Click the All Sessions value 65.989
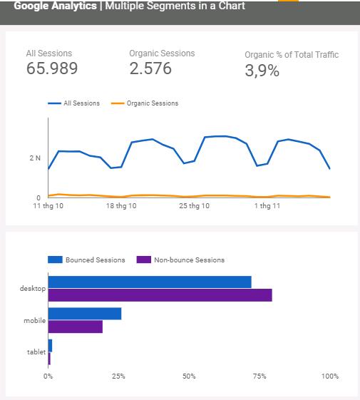(x=52, y=68)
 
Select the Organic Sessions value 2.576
(x=151, y=68)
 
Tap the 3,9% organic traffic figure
(x=262, y=71)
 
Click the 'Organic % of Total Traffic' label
(x=292, y=55)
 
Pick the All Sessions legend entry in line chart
(x=75, y=103)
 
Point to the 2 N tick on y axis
(x=35, y=158)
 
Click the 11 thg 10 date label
(x=48, y=206)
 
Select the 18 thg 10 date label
(x=120, y=206)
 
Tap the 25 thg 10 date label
(x=195, y=206)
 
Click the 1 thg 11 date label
(x=267, y=206)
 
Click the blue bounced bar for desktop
(x=150, y=282)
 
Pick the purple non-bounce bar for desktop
(x=160, y=294)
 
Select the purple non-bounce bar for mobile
(x=75, y=327)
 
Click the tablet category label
(x=36, y=352)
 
